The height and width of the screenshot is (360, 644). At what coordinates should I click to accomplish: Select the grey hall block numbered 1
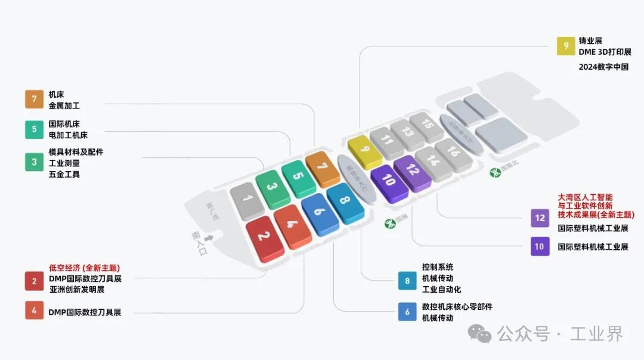247,199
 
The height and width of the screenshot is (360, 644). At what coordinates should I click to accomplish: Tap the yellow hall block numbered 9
364,150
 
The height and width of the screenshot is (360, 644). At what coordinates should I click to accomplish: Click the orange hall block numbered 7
323,167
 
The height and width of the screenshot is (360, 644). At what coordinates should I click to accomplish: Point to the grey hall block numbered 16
453,153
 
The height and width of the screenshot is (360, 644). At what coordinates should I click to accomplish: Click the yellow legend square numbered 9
566,46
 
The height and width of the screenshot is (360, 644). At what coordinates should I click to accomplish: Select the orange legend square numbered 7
34,99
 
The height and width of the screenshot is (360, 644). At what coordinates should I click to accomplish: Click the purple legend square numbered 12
540,218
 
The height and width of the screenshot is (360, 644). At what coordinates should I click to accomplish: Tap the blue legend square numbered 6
407,312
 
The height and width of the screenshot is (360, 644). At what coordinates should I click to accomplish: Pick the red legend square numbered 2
34,281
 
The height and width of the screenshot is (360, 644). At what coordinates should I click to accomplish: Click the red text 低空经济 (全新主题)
84,268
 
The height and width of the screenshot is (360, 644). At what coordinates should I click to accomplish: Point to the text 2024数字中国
603,67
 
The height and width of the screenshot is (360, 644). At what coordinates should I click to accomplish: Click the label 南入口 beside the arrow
199,243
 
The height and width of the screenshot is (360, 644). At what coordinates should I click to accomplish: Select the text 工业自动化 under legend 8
441,290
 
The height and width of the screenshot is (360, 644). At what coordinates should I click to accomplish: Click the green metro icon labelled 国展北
494,172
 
